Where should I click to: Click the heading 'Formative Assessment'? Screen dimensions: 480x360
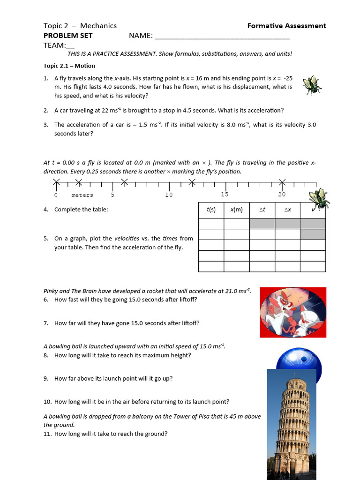point(286,26)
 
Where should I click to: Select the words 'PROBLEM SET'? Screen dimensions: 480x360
point(68,36)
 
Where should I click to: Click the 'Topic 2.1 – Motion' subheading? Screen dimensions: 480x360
point(69,66)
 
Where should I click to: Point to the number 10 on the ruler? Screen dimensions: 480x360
point(169,195)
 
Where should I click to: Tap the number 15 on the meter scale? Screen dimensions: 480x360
point(225,195)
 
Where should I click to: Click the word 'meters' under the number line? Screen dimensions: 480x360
point(82,195)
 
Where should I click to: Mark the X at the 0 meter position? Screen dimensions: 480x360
point(56,182)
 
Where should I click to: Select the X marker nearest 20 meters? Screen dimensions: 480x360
point(282,182)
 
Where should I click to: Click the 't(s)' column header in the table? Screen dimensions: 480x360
point(211,210)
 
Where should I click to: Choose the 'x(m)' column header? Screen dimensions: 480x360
point(236,210)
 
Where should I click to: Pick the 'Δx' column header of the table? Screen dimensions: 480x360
point(287,210)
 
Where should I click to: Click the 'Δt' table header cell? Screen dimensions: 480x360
point(262,210)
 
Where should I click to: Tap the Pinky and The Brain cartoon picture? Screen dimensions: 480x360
point(293,313)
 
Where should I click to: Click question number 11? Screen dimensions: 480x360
point(47,434)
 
